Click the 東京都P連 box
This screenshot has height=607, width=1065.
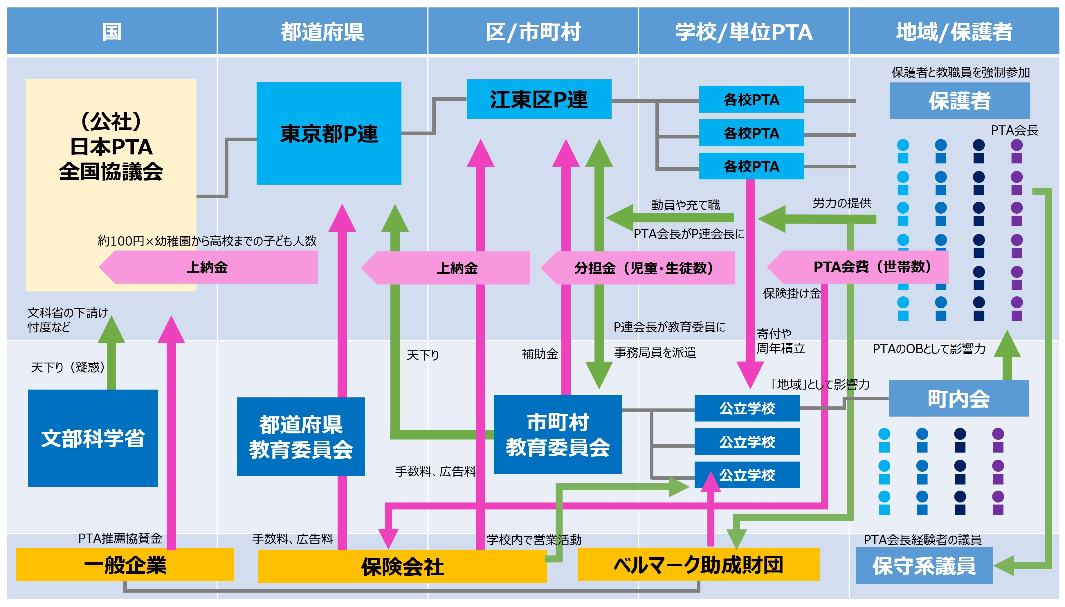pyautogui.click(x=329, y=134)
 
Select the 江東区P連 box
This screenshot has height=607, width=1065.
pyautogui.click(x=538, y=99)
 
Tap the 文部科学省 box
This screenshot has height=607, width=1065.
pyautogui.click(x=93, y=438)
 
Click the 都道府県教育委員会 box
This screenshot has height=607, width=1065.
pyautogui.click(x=300, y=437)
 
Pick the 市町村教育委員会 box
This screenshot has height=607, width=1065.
pyautogui.click(x=557, y=434)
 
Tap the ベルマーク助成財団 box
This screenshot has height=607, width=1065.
pyautogui.click(x=698, y=565)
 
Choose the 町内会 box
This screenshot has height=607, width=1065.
pyautogui.click(x=958, y=399)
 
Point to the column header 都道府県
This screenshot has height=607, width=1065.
pyautogui.click(x=322, y=32)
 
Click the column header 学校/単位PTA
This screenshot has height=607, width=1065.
pyautogui.click(x=744, y=32)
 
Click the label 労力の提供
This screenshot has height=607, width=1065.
pyautogui.click(x=841, y=203)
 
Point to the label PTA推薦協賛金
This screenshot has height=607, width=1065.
pyautogui.click(x=120, y=538)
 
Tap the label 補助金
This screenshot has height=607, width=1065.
pyautogui.click(x=540, y=354)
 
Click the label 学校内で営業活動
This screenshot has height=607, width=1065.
pyautogui.click(x=534, y=539)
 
